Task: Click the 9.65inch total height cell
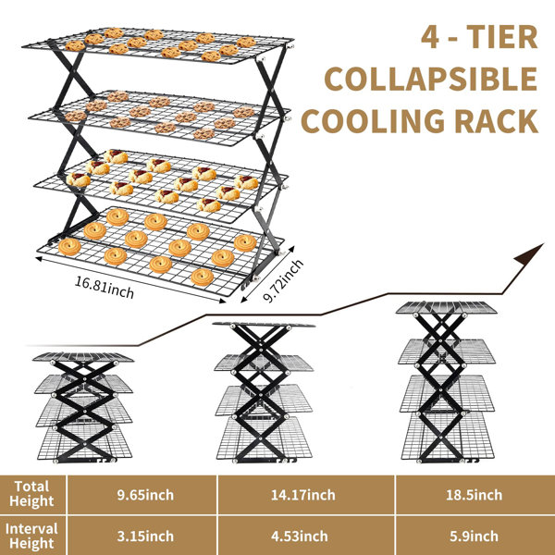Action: [x=145, y=495]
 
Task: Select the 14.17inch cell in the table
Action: [x=303, y=495]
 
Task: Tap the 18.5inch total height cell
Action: [x=474, y=495]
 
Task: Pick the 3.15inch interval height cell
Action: [x=145, y=536]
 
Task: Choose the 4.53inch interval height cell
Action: [x=300, y=536]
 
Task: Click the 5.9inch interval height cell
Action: [x=474, y=536]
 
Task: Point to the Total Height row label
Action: [x=31, y=494]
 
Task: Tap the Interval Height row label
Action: [x=31, y=536]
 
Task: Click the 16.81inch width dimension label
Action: [x=105, y=288]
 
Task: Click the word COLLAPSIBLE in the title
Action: [x=431, y=79]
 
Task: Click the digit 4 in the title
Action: [x=430, y=37]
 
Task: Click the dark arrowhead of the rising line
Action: [x=529, y=254]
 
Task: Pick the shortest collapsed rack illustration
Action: [x=84, y=407]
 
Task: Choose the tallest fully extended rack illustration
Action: [x=446, y=382]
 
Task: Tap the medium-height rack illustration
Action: [x=264, y=392]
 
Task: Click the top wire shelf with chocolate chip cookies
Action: [x=157, y=46]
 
